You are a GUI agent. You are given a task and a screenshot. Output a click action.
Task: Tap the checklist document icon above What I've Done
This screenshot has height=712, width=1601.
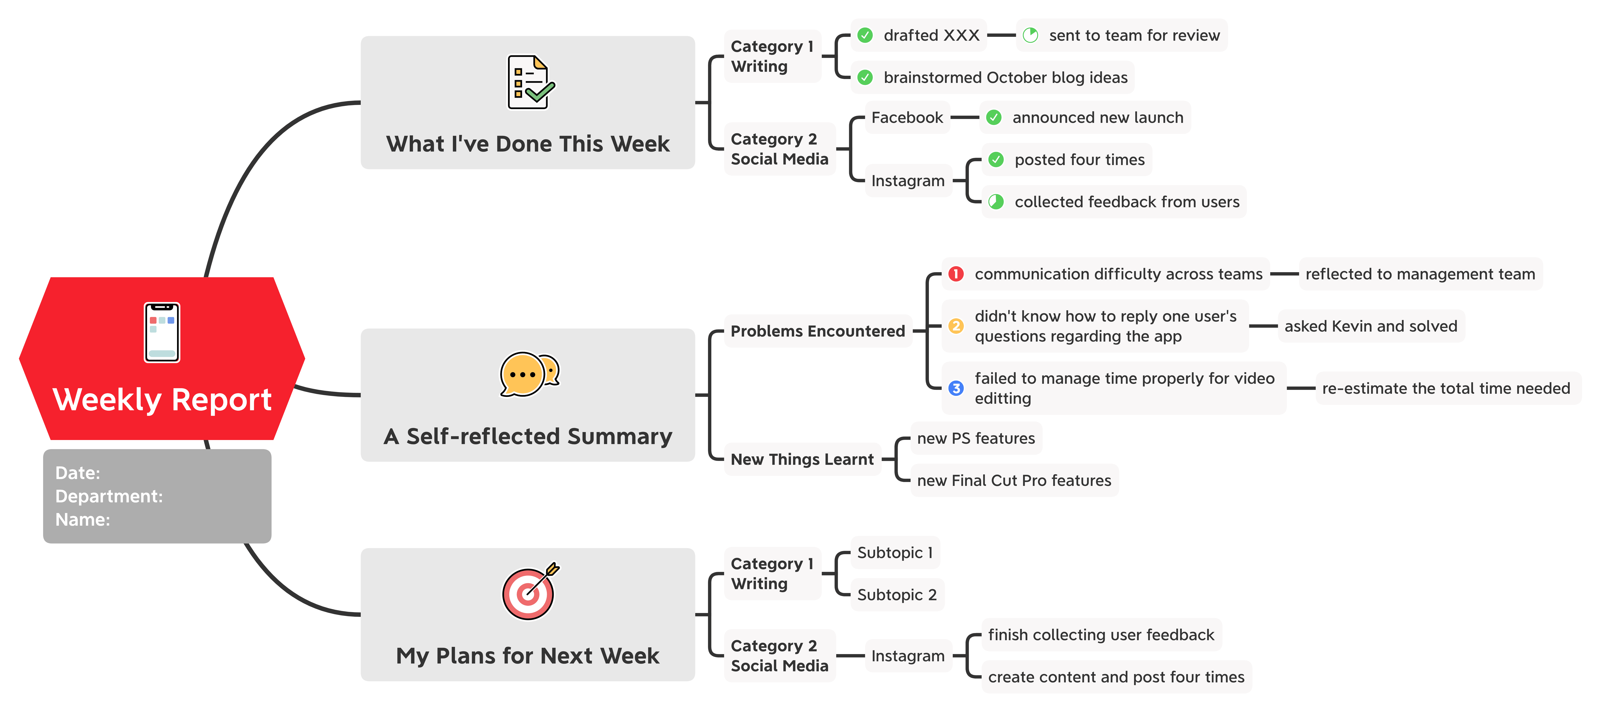point(530,82)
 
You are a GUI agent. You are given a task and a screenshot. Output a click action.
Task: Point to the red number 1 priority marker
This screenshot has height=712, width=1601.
point(956,274)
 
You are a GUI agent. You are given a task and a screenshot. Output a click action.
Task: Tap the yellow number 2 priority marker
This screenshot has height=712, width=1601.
point(956,326)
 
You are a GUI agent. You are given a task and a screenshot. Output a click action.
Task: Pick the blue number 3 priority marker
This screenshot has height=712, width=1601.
point(956,388)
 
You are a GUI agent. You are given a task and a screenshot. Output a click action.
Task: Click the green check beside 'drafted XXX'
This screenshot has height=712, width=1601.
point(865,36)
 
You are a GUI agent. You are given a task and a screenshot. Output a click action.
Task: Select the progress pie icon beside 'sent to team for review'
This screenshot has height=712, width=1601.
point(1030,36)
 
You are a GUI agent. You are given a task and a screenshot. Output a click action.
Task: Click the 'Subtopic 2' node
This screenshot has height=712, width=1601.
point(897,595)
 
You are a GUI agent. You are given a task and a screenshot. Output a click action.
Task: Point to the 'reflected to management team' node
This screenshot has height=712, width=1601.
point(1420,274)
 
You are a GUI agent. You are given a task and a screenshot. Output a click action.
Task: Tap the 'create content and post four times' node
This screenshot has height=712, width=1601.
point(1116,676)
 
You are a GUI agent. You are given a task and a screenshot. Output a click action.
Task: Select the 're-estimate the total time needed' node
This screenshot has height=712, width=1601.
point(1446,388)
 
